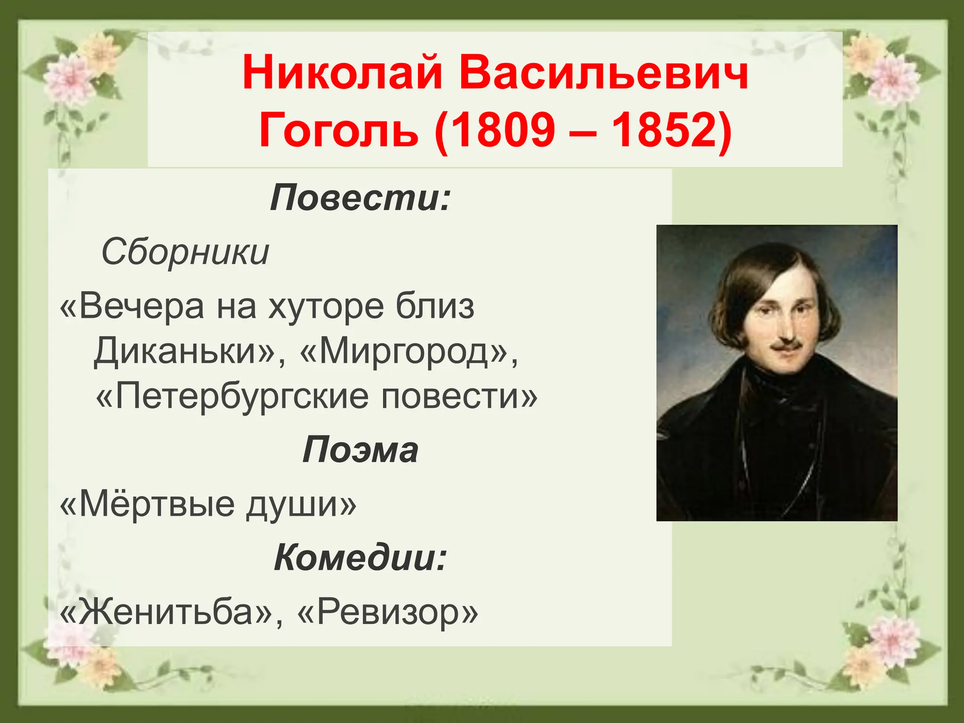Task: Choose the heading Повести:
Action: [x=361, y=198]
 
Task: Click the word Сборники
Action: [x=185, y=252]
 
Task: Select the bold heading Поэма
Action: [x=360, y=450]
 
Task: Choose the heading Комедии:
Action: [x=361, y=557]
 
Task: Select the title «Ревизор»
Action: [x=388, y=611]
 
